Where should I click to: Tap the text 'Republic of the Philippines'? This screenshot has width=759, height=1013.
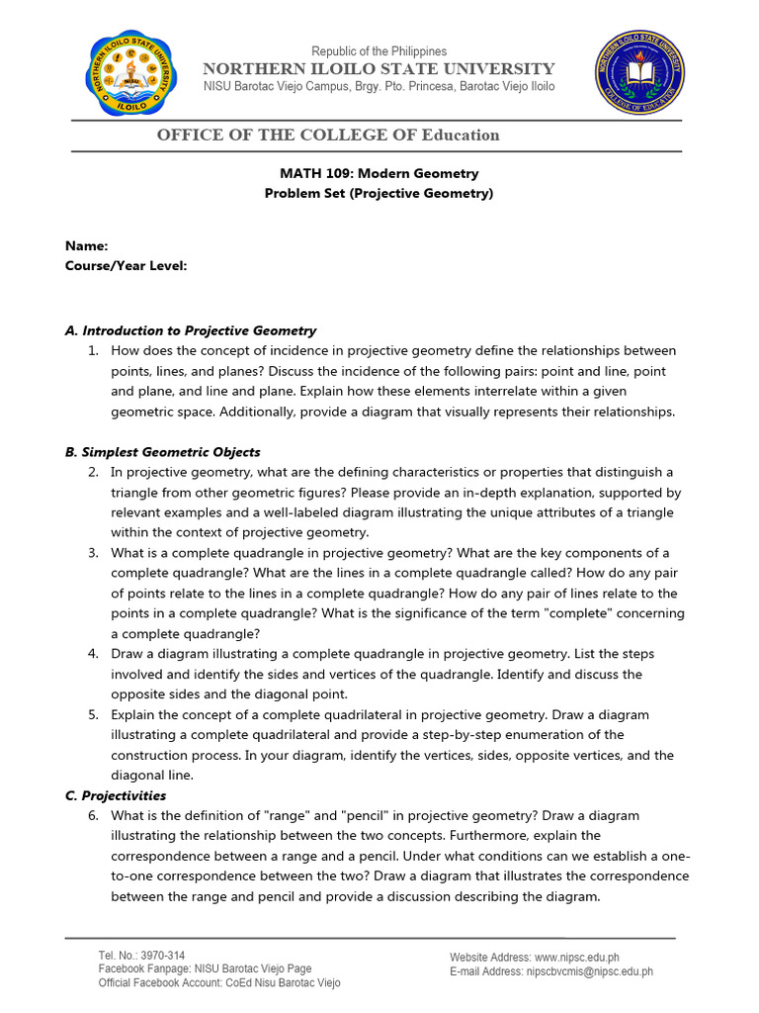tap(379, 51)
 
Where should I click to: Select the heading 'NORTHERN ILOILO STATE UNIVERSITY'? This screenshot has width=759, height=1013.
tap(379, 68)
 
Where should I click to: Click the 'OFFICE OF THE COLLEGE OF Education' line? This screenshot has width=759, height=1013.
tap(328, 135)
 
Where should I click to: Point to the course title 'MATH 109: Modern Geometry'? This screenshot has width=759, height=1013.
tap(379, 173)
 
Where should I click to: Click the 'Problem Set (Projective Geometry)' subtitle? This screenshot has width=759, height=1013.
tap(379, 193)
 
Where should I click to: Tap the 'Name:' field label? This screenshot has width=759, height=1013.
tap(87, 245)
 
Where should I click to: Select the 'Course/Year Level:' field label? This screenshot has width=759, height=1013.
tap(126, 265)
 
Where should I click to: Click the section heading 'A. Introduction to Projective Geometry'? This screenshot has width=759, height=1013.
tap(191, 330)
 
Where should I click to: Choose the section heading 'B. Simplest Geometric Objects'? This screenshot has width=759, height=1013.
tap(163, 452)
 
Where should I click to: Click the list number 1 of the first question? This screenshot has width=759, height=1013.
tap(92, 351)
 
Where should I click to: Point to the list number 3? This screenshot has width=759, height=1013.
tap(92, 553)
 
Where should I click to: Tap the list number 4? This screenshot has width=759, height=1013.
tap(92, 654)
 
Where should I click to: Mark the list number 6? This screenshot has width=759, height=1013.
tap(92, 816)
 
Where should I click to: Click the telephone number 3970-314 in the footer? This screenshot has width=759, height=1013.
tap(163, 956)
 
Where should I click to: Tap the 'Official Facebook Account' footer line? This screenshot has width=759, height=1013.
tap(219, 983)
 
